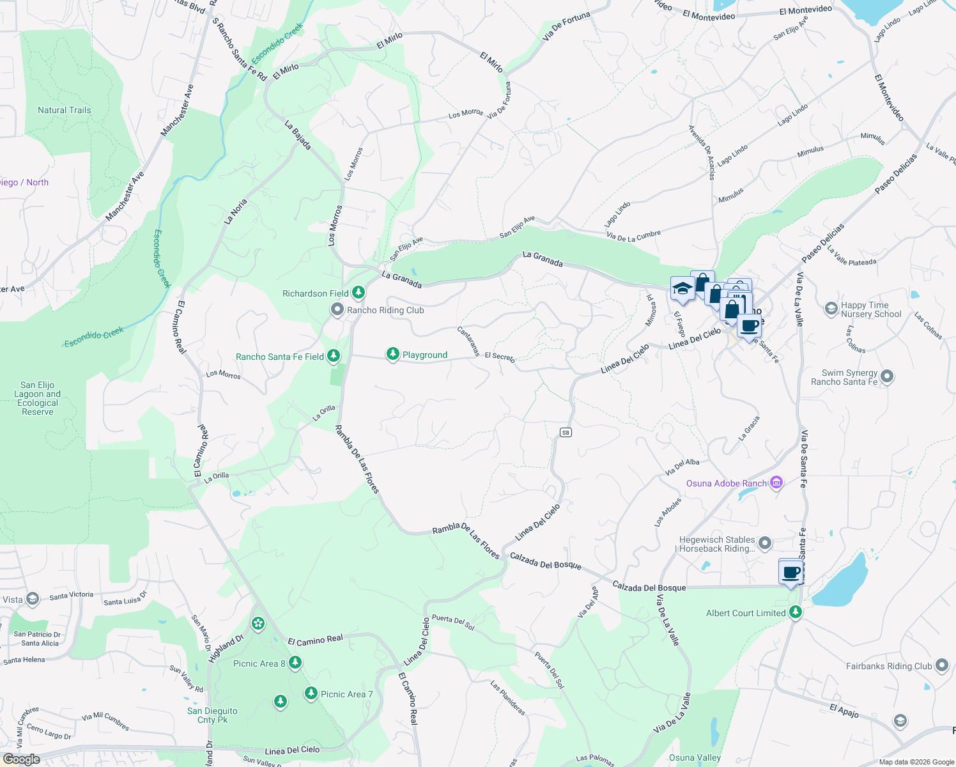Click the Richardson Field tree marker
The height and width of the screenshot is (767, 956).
pyautogui.click(x=358, y=293)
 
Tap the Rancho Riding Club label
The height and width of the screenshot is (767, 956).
pyautogui.click(x=385, y=310)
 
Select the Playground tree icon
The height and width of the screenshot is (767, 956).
pyautogui.click(x=393, y=354)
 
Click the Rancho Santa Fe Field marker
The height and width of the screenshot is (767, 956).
pyautogui.click(x=333, y=356)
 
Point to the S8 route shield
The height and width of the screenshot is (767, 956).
pyautogui.click(x=566, y=433)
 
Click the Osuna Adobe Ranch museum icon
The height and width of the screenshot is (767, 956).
pyautogui.click(x=776, y=483)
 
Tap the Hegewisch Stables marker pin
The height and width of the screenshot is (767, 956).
pyautogui.click(x=765, y=544)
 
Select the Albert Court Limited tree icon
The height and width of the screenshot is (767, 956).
pyautogui.click(x=796, y=612)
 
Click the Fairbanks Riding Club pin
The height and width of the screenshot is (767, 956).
pyautogui.click(x=942, y=665)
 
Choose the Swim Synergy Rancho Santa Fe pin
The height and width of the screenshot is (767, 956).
pyautogui.click(x=887, y=376)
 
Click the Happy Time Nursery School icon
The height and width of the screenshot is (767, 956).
pyautogui.click(x=831, y=309)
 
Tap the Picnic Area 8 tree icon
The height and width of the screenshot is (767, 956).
pyautogui.click(x=295, y=663)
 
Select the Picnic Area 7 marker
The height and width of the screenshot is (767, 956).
pyautogui.click(x=311, y=693)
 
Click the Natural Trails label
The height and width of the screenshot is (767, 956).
pyautogui.click(x=65, y=110)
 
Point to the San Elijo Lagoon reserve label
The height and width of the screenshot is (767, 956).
pyautogui.click(x=38, y=398)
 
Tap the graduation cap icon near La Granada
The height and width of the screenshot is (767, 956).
pyautogui.click(x=682, y=288)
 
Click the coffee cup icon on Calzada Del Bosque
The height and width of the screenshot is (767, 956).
pyautogui.click(x=791, y=571)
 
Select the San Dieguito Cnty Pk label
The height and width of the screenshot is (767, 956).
pyautogui.click(x=212, y=715)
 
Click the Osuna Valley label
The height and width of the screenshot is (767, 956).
pyautogui.click(x=695, y=757)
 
